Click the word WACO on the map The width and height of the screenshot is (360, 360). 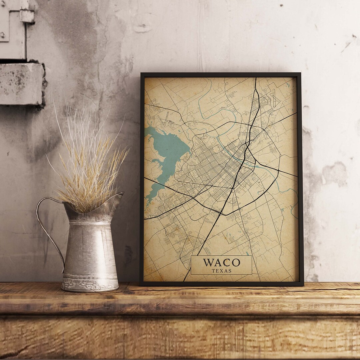[221, 262]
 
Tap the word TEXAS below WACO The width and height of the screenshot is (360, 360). [221, 271]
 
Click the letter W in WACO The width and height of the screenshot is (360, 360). [208, 262]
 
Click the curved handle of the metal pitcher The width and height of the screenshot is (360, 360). [47, 227]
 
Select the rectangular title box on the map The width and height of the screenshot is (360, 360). [221, 265]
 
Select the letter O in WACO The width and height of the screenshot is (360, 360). [236, 262]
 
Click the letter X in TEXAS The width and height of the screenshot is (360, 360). [222, 271]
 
